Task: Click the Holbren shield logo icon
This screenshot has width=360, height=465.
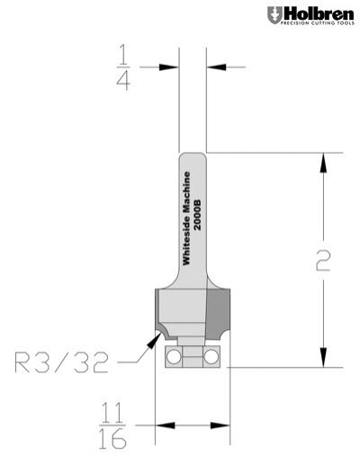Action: pyautogui.click(x=273, y=14)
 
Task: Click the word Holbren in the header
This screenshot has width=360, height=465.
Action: pyautogui.click(x=315, y=12)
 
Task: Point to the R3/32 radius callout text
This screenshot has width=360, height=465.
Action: pyautogui.click(x=62, y=363)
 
